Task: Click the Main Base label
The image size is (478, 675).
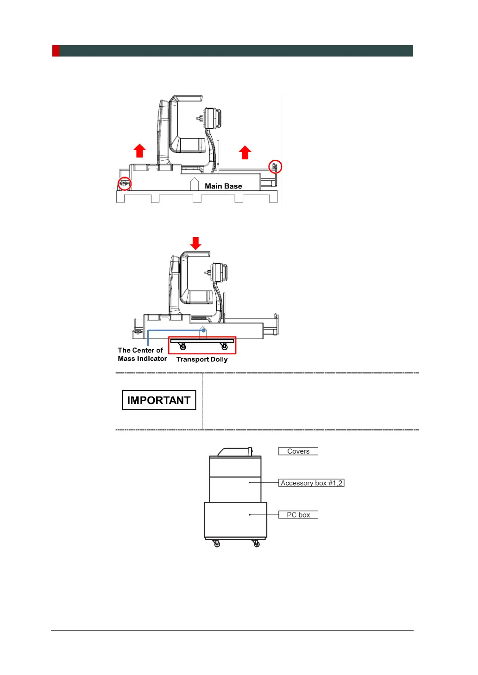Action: (223, 186)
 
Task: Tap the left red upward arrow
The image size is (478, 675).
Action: (139, 151)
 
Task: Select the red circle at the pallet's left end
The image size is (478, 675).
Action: (125, 184)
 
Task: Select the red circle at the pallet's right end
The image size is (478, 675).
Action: (275, 166)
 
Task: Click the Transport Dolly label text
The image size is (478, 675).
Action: (202, 360)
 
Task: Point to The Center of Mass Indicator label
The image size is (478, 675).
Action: (142, 354)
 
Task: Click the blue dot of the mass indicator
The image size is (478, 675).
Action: (203, 330)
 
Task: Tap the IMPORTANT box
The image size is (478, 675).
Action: (159, 400)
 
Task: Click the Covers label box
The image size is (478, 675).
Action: (298, 451)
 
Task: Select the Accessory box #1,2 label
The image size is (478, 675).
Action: (311, 483)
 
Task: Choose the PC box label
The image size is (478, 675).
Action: (298, 515)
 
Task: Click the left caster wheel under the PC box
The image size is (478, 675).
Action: (217, 544)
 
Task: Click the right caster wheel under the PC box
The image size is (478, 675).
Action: (257, 544)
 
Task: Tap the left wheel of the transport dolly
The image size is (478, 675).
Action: (183, 347)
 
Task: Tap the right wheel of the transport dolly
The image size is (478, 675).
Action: (225, 347)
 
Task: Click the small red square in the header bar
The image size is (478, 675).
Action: (56, 51)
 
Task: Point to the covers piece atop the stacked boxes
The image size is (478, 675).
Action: (235, 452)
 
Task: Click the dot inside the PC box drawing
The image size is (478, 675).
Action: (250, 515)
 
